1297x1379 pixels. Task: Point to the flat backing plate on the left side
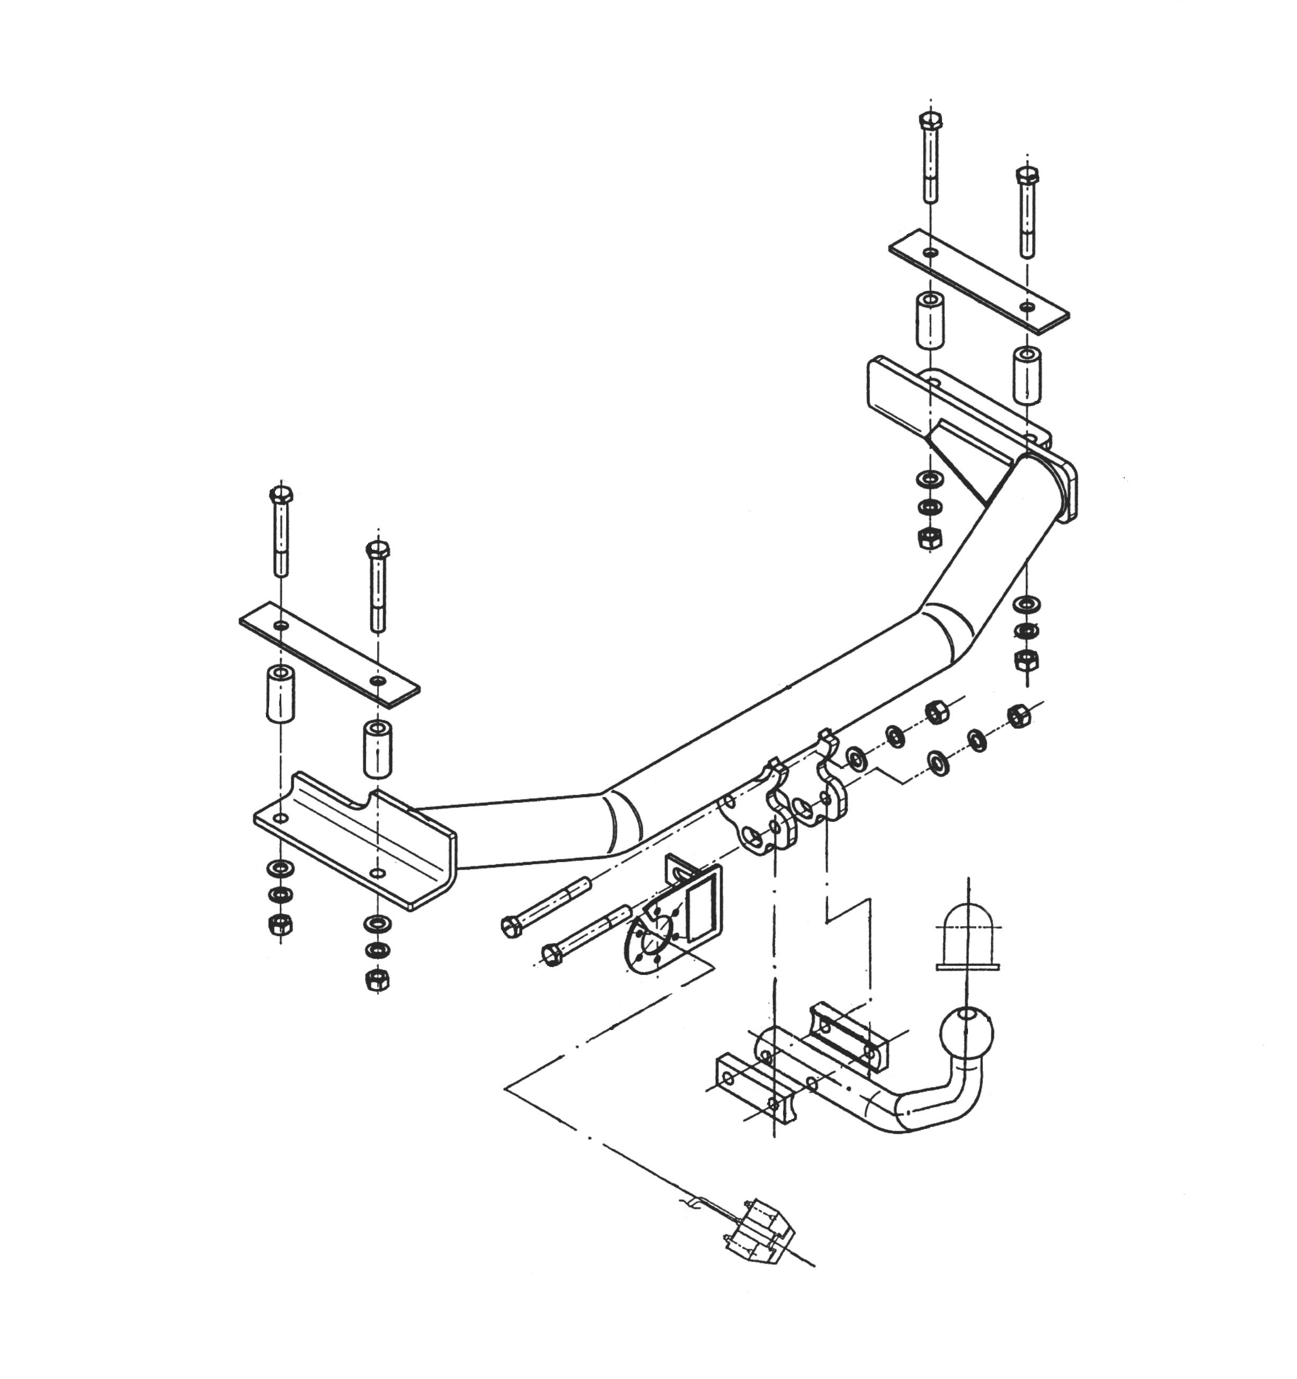pos(329,651)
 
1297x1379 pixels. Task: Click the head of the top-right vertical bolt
pos(930,121)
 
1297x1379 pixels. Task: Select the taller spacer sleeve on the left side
pos(280,693)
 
